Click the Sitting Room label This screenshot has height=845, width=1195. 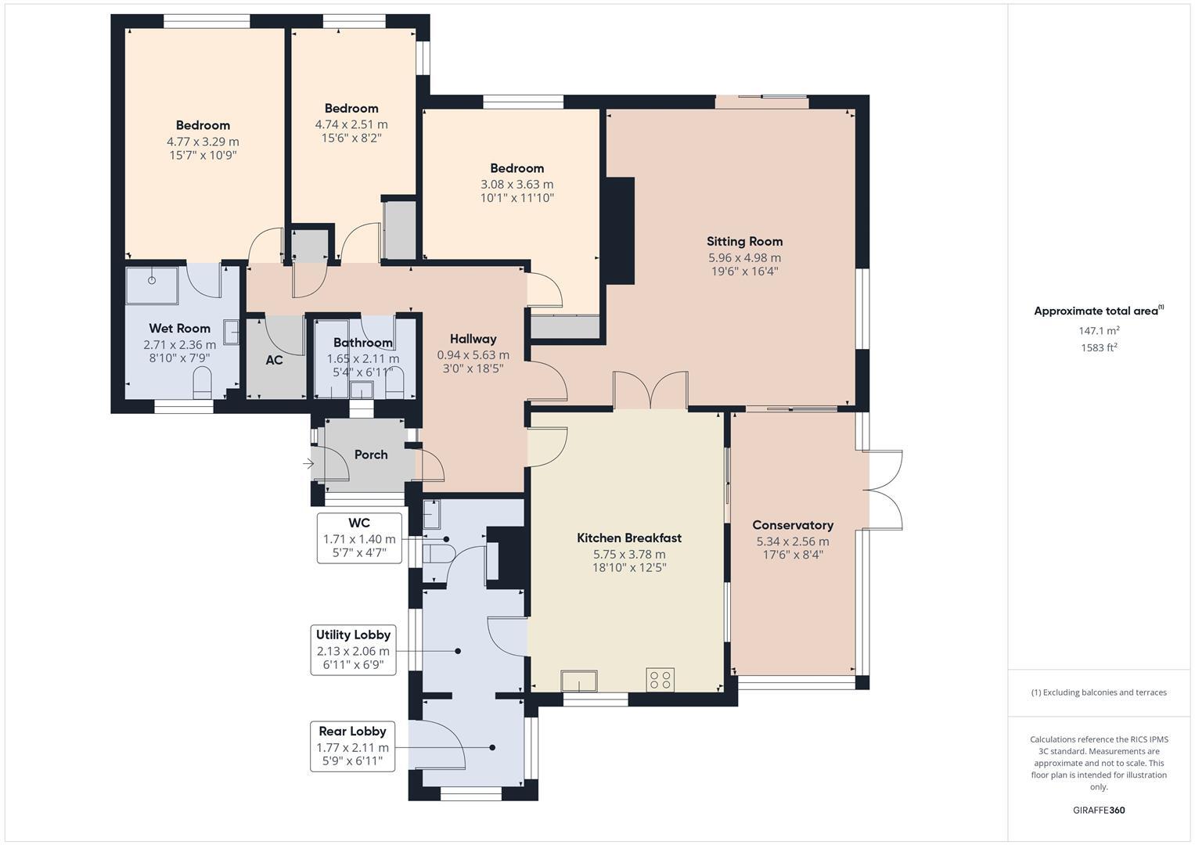point(744,242)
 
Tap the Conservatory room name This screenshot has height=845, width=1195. point(792,525)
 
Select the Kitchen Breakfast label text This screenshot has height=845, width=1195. point(628,538)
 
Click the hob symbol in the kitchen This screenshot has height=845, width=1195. point(660,680)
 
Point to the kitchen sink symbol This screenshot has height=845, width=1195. point(579,681)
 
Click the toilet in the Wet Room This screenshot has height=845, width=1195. point(202,382)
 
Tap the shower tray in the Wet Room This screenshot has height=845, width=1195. point(152,286)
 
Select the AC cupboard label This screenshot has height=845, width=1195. point(274,361)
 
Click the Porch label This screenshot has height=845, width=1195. point(371,455)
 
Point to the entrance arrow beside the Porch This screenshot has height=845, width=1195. point(308,464)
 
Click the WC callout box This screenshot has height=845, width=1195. point(359,538)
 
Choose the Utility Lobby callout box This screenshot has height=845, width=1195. point(353,650)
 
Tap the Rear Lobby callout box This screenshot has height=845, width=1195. point(352,746)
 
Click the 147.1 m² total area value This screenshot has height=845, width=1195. point(1099,331)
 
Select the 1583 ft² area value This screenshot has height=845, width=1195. point(1099,347)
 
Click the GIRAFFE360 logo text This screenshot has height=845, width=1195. point(1099,811)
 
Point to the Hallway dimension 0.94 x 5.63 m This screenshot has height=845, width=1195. point(473,354)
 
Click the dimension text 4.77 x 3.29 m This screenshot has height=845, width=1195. point(203,142)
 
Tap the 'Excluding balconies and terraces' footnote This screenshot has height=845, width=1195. point(1099,692)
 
